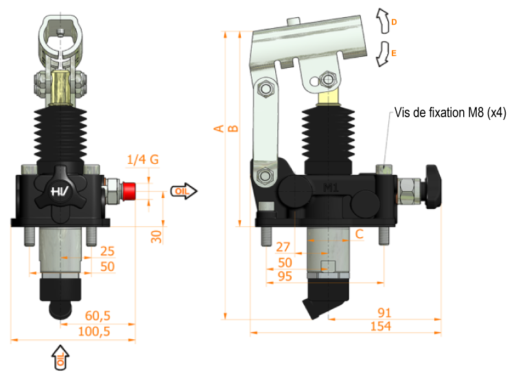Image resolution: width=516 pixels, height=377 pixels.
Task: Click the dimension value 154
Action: coord(381,326)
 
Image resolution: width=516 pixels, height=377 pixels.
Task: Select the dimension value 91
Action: coord(384,313)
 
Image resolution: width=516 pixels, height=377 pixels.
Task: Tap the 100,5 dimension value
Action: coord(94,331)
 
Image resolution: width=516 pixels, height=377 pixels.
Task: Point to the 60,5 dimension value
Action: coord(97,316)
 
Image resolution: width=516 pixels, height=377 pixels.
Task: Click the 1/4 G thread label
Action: coord(143,160)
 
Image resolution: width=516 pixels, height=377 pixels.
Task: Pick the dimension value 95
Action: coord(285,276)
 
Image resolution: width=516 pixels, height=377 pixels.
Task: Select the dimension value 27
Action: coord(283,247)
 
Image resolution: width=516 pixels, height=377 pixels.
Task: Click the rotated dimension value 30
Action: coord(156,236)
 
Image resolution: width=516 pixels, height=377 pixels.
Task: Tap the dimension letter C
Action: coord(360,234)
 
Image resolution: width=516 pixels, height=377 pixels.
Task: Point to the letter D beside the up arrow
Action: coord(394,22)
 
